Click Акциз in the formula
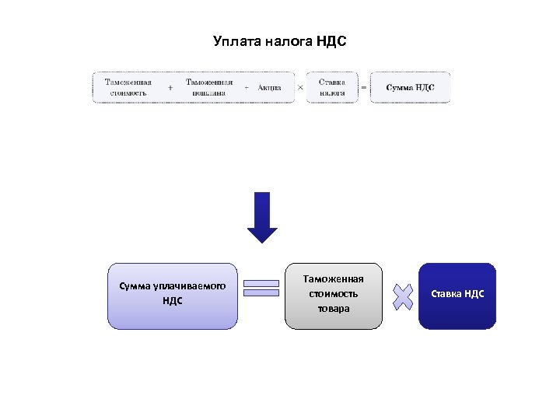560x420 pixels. pos(269,88)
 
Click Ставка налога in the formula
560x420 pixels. pos(332,88)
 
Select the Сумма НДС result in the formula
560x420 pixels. pos(410,88)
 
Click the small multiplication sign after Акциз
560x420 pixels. pos(300,88)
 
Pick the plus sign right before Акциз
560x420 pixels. pos(247,88)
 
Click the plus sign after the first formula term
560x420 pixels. pos(170,88)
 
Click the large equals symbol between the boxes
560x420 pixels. pos(261,289)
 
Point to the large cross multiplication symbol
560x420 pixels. pos(402,296)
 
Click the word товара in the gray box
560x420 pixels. pos(334,309)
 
